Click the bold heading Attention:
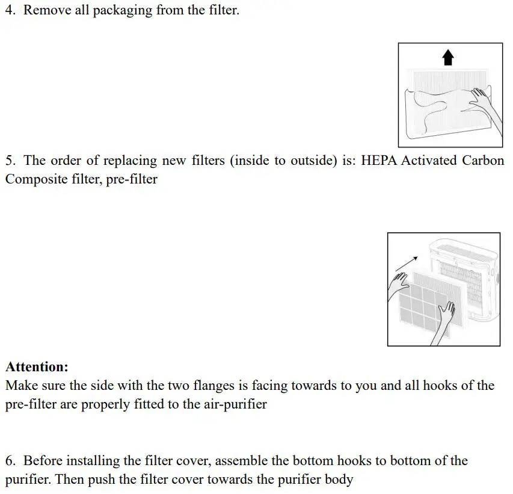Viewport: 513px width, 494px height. click(37, 366)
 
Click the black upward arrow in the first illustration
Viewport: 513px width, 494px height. click(447, 58)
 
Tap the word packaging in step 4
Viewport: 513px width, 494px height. click(133, 11)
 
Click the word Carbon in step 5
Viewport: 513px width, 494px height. click(483, 161)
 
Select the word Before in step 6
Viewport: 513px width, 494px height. click(43, 461)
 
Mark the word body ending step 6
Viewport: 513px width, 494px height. click(339, 480)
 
